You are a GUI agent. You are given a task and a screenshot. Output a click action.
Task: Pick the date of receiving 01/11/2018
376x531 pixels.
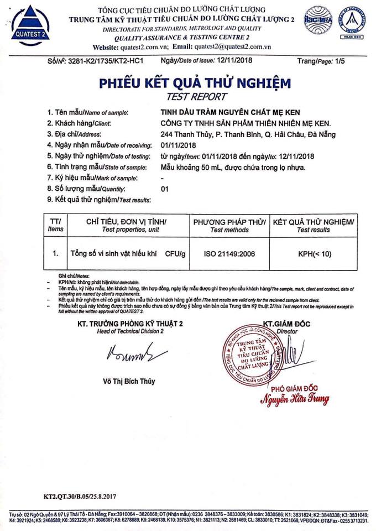click(175, 144)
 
